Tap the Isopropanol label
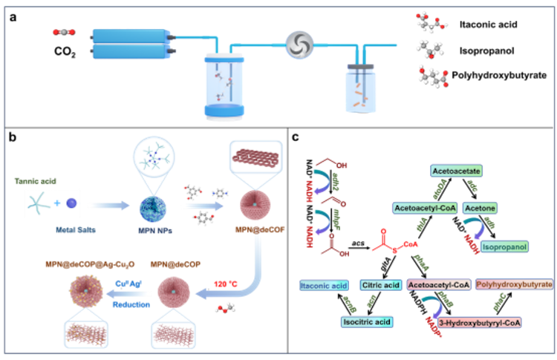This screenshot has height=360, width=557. point(506,246)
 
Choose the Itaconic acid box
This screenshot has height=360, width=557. point(324,285)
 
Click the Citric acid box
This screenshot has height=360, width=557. point(381,285)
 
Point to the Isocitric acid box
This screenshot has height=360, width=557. point(367,322)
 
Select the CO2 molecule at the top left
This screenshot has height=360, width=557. point(64,32)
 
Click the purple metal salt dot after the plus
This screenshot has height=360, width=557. point(71,203)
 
